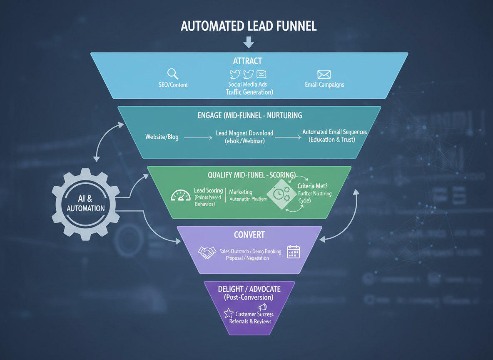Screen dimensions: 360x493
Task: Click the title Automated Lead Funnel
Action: click(249, 26)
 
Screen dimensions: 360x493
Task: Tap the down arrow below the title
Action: click(249, 42)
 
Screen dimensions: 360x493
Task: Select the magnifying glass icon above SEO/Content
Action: click(173, 74)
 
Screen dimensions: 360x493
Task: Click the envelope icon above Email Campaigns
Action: click(324, 75)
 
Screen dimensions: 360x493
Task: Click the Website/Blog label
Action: click(162, 137)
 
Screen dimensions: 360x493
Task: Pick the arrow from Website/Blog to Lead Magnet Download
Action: click(197, 137)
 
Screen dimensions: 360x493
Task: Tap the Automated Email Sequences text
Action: click(334, 132)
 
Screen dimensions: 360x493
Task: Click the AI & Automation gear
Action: click(85, 204)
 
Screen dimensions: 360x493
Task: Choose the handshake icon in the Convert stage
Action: click(207, 252)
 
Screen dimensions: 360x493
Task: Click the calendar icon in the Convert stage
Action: click(294, 252)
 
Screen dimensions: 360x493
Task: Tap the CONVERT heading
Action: click(249, 235)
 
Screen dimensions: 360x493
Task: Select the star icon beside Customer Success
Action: click(228, 313)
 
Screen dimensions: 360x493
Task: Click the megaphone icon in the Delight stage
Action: click(262, 307)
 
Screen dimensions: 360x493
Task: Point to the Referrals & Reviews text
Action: click(250, 321)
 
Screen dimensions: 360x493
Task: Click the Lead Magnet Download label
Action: click(245, 133)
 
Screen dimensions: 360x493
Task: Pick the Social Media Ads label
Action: click(248, 84)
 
